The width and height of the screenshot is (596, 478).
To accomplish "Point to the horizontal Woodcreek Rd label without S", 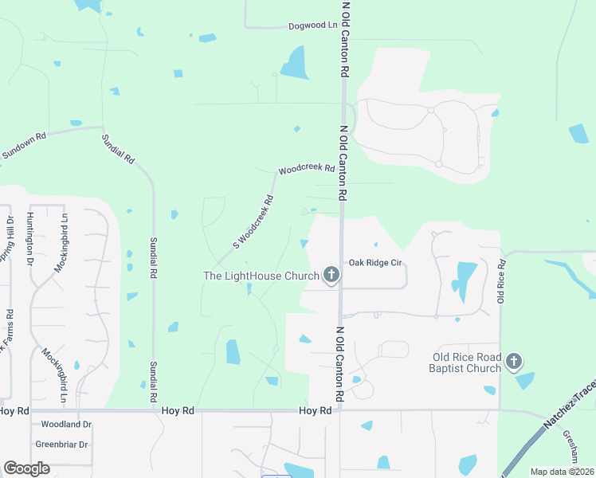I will click(x=306, y=169).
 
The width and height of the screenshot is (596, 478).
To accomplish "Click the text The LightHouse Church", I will click(x=261, y=276).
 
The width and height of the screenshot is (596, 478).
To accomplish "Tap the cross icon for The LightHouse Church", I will click(x=331, y=276).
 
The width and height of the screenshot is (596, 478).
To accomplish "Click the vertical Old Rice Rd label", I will click(x=502, y=280).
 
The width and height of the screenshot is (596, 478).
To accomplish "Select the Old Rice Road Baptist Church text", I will click(x=466, y=362).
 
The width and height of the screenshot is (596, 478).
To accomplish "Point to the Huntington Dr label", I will click(x=29, y=238).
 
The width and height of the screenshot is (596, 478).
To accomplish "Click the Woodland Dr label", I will click(x=66, y=425).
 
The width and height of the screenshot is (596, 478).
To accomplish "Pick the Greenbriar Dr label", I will click(x=61, y=444).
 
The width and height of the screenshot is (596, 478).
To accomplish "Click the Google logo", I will click(x=27, y=468).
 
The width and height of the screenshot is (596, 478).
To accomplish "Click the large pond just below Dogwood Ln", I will click(x=295, y=64).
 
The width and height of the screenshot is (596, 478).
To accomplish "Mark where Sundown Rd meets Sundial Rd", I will click(x=103, y=127).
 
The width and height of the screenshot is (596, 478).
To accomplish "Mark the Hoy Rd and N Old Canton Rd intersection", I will click(x=340, y=411).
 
